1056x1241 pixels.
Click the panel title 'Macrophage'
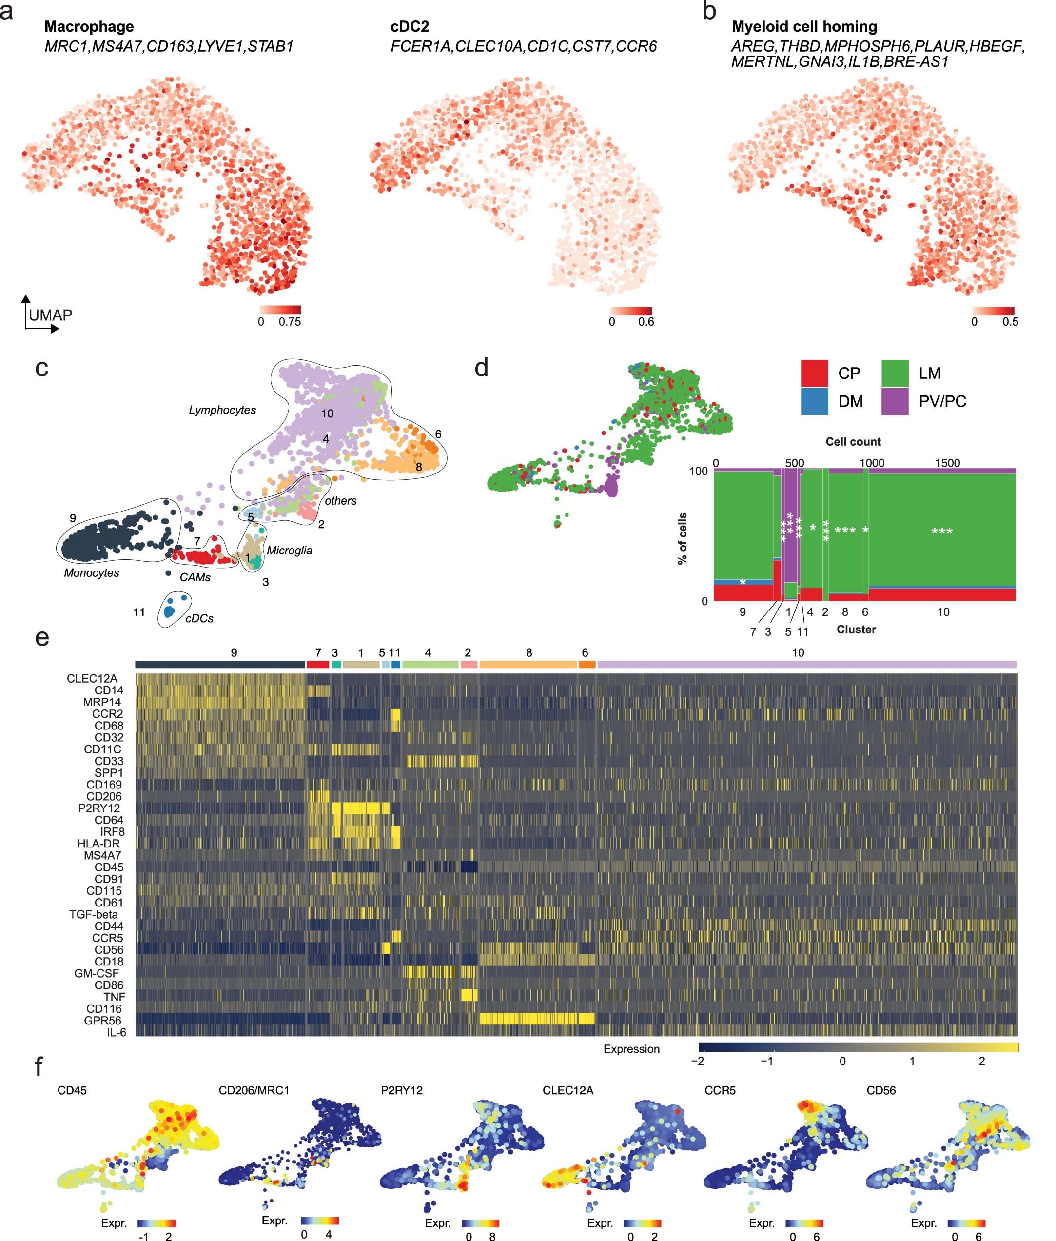pos(89,27)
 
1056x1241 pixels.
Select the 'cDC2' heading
pos(410,27)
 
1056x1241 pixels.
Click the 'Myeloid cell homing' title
pos(804,27)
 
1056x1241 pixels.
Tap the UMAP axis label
pos(50,315)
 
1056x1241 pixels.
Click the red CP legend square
pos(814,373)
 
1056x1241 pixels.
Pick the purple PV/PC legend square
pos(896,401)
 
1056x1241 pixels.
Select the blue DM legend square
pos(814,401)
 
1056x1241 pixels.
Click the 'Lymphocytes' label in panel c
pos(222,410)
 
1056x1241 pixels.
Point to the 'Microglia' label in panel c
pos(289,550)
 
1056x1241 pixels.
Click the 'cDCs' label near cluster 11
pos(199,618)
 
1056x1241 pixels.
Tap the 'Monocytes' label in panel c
pos(92,573)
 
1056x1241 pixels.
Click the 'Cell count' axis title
pos(853,442)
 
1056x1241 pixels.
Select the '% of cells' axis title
pos(683,539)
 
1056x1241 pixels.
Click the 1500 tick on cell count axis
pos(947,463)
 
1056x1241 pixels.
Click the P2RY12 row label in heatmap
pos(99,808)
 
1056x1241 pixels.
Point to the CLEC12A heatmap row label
pos(92,678)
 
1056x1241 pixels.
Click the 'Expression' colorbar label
pos(631,1049)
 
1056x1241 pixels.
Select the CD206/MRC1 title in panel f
pos(254,1090)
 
